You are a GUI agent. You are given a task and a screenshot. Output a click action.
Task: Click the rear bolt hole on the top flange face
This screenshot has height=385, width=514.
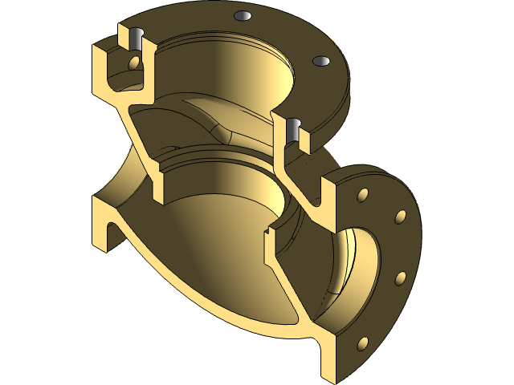coord(241,15)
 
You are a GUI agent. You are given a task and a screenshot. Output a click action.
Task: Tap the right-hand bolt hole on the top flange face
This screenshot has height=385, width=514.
coord(320,61)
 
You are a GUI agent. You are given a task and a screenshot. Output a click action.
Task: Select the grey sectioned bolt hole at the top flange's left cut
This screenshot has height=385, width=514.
coord(134,37)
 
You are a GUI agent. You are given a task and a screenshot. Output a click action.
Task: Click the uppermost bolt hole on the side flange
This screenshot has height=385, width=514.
coord(363,195)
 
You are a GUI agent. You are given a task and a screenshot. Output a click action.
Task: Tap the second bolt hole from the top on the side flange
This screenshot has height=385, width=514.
coord(398,217)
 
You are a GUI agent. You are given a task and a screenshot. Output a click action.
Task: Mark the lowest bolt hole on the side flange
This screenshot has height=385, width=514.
coord(362,343)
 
